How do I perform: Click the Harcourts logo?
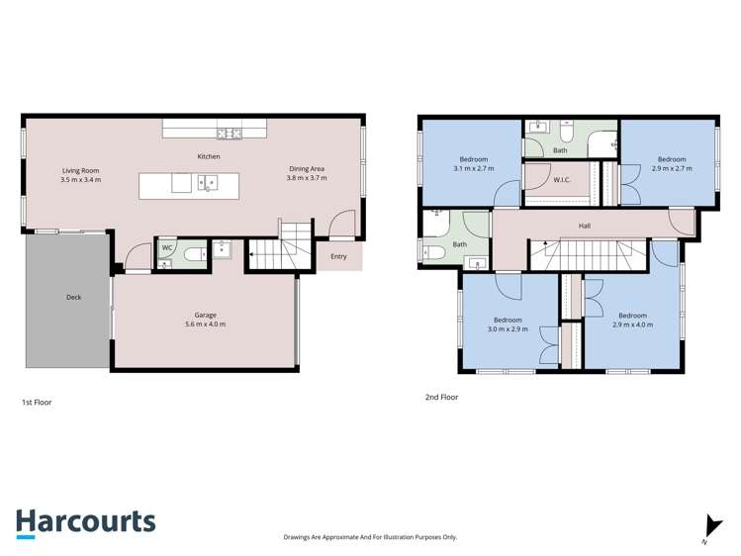[85, 522]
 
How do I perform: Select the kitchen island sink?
[208, 182]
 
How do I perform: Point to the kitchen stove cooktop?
[230, 134]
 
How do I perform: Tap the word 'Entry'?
[339, 257]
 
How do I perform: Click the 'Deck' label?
[73, 297]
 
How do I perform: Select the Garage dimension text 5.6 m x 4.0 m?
[205, 324]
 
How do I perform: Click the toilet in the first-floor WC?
[191, 253]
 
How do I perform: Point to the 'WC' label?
[167, 247]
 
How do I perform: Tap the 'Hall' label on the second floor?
[585, 226]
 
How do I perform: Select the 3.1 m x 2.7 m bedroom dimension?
[473, 169]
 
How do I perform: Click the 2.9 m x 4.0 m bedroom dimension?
[632, 324]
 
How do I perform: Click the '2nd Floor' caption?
[441, 397]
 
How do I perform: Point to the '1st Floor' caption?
[37, 403]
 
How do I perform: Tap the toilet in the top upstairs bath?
[567, 131]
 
